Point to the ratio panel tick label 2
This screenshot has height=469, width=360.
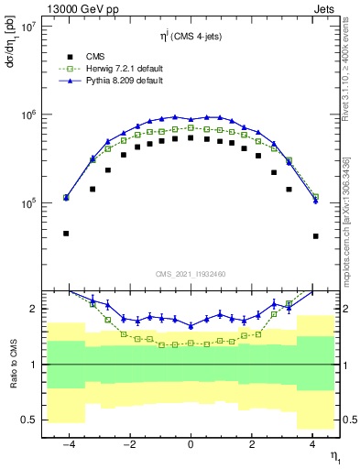pyautogui.click(x=32, y=310)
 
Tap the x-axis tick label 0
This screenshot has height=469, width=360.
pyautogui.click(x=191, y=444)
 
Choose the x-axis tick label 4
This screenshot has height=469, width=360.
pyautogui.click(x=313, y=444)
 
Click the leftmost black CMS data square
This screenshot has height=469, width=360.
pyautogui.click(x=66, y=234)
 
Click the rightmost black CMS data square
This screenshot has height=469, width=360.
pyautogui.click(x=315, y=236)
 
